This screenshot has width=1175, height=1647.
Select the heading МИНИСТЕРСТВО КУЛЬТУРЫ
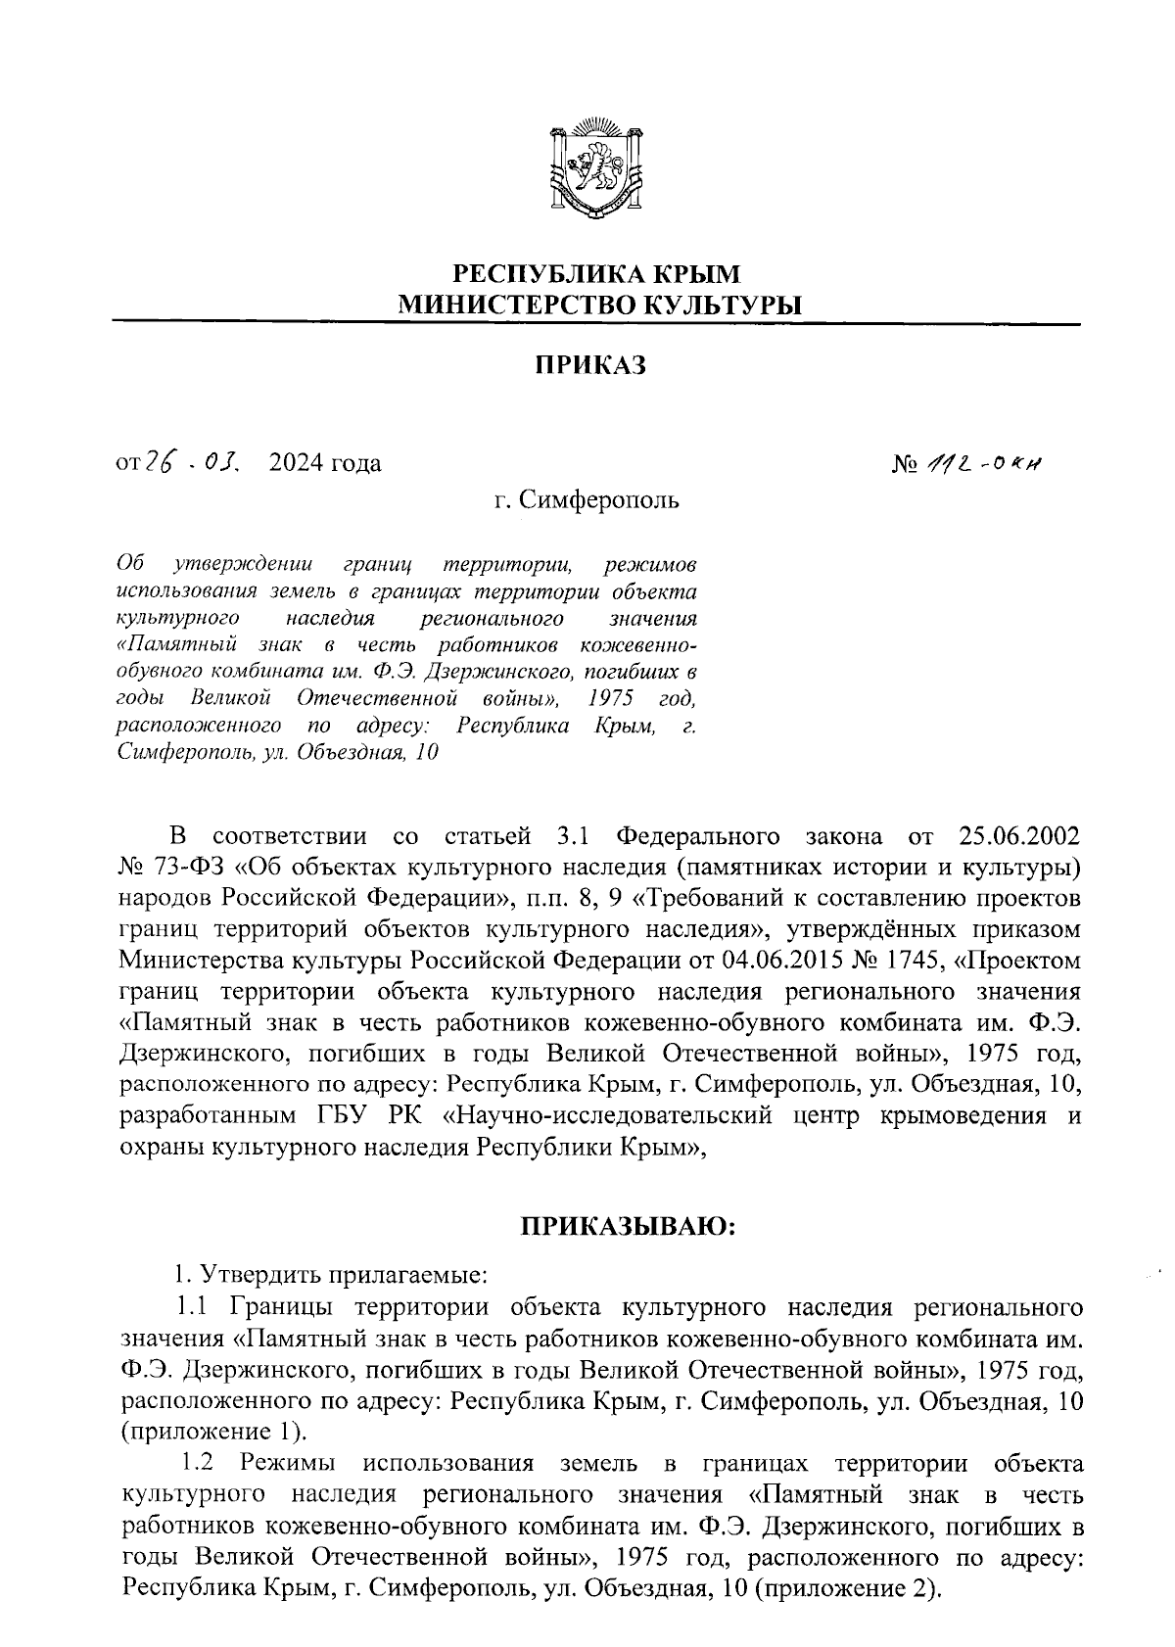coord(598,305)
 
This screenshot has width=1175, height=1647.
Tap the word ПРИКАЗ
coord(591,366)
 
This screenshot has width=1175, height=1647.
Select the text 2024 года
coord(326,463)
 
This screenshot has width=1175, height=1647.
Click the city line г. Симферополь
coord(587,501)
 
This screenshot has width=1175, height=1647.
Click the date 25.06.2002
coord(1015,837)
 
